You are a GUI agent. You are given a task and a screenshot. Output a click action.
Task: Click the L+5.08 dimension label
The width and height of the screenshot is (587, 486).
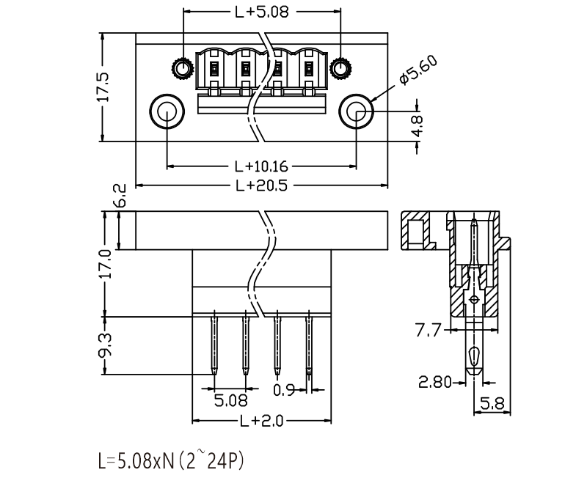(262, 12)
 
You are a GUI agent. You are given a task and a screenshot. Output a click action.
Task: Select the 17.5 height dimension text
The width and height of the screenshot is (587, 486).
(103, 87)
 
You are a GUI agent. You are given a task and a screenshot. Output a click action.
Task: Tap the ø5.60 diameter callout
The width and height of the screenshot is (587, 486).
(418, 70)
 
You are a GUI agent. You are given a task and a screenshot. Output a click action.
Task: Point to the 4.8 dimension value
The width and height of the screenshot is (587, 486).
(417, 125)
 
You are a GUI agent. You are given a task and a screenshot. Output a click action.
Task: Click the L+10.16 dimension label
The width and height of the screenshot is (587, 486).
(261, 166)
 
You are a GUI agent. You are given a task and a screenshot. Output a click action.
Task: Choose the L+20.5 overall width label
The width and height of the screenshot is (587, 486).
(261, 185)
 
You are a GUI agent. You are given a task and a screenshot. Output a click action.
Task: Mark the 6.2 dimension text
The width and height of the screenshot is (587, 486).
(120, 195)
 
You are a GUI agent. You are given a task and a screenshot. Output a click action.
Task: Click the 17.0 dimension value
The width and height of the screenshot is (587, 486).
(105, 264)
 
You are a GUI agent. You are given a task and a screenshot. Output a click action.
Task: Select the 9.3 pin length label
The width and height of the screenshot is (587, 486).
(105, 345)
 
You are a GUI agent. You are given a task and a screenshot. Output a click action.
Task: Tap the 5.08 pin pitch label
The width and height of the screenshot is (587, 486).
(230, 401)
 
